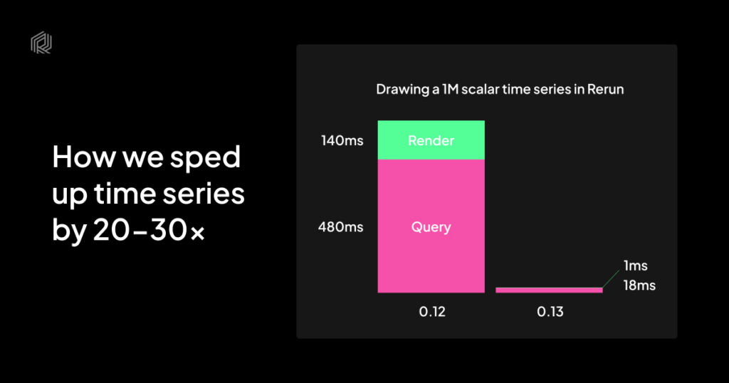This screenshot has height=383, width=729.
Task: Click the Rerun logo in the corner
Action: point(41,42)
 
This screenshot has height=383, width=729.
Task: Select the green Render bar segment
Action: point(431,140)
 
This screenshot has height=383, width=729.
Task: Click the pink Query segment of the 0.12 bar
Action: point(431,226)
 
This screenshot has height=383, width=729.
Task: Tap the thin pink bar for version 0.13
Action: point(549,290)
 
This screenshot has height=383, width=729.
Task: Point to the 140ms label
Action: point(342,140)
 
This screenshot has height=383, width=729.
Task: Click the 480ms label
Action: point(341,227)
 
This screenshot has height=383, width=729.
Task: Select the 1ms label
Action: point(636,266)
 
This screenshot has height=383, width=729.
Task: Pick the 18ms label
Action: point(639,285)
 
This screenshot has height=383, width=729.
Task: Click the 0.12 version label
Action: point(432,311)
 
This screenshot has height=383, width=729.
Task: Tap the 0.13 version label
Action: point(550,311)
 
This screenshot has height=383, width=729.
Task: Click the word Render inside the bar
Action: point(431,140)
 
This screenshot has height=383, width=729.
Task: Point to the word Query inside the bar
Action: point(431,227)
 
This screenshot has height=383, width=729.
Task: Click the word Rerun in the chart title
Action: point(605,89)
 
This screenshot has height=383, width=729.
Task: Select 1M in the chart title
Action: point(451,89)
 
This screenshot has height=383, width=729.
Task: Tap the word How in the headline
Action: point(84,157)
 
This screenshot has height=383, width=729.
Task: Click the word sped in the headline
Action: point(205,158)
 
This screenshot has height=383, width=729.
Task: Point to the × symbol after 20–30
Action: point(198,232)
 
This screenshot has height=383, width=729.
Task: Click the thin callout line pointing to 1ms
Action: point(611,279)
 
